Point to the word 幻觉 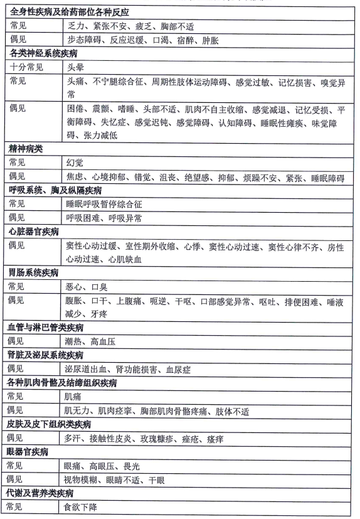pos(74,162)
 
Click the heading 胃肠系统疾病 pos(34,272)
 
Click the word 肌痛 pos(73,397)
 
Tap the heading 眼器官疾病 pos(30,452)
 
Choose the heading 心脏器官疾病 pos(34,232)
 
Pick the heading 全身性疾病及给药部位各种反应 pos(73,12)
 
